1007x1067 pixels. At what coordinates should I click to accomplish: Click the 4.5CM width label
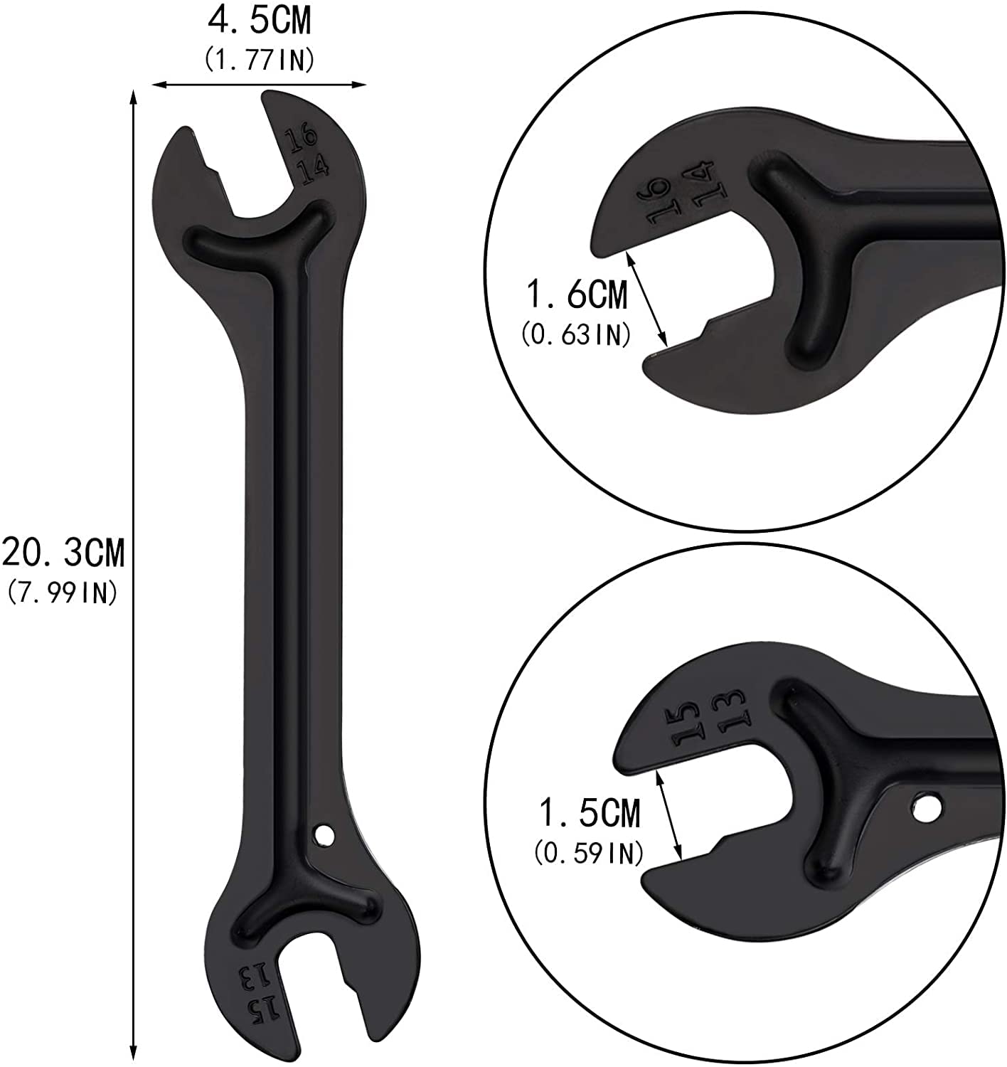tap(259, 22)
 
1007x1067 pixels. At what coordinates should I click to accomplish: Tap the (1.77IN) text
tap(259, 60)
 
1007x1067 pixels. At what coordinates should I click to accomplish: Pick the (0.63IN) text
tap(575, 335)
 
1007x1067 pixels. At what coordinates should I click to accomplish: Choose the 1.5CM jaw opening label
tap(590, 813)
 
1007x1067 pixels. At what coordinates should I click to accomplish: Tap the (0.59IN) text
tap(588, 853)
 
